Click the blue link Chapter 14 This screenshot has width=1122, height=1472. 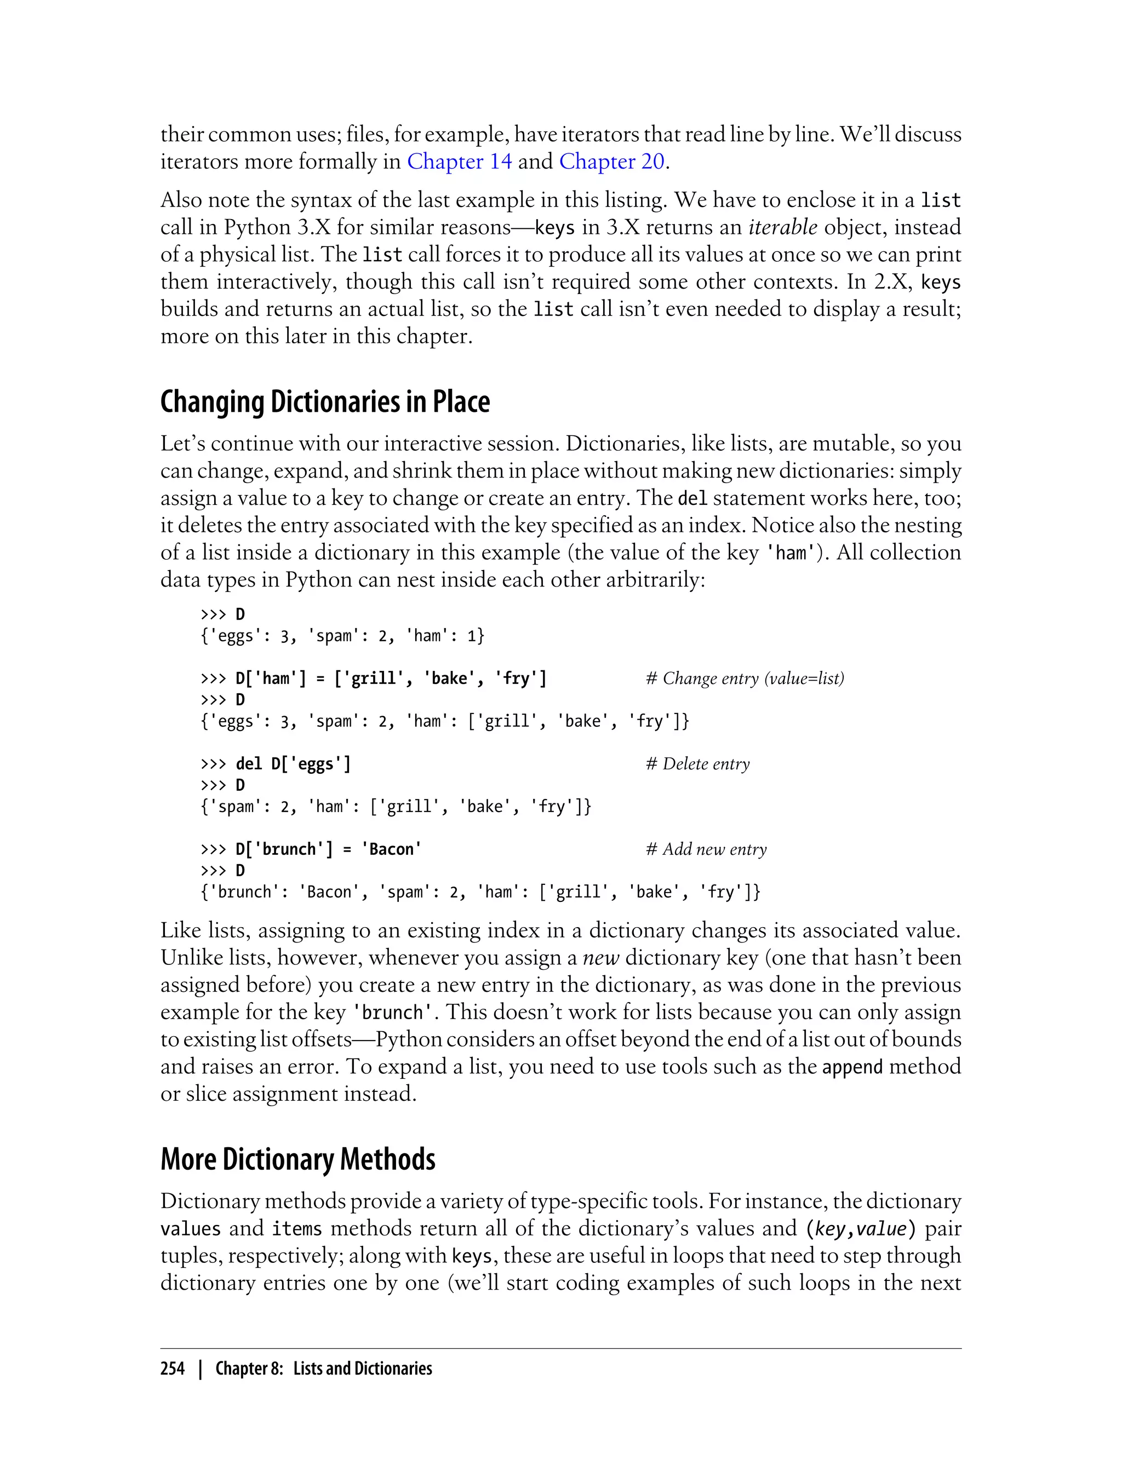click(x=460, y=162)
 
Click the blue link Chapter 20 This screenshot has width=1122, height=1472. click(x=612, y=162)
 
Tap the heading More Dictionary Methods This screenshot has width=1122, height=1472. click(x=298, y=1159)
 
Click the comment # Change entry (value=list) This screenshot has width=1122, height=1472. click(x=745, y=679)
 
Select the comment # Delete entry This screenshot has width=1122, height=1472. click(x=698, y=764)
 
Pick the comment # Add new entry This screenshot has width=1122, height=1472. click(x=706, y=849)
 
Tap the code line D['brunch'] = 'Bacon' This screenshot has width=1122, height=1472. click(x=328, y=849)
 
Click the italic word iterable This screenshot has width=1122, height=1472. click(x=783, y=228)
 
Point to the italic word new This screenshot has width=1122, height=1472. click(x=601, y=958)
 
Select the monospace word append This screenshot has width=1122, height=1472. click(x=852, y=1067)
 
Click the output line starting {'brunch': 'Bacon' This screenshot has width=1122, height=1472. click(x=480, y=892)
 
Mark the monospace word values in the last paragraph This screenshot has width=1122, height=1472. click(x=190, y=1229)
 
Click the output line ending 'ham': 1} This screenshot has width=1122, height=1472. click(x=342, y=636)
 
